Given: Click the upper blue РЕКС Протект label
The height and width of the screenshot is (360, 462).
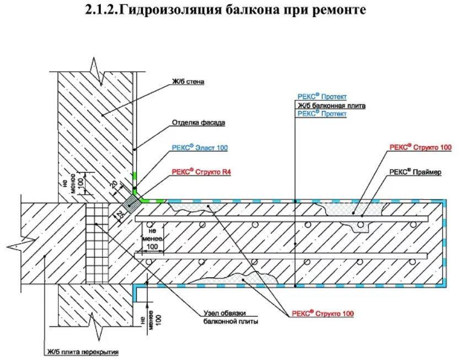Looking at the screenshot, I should click(x=322, y=96).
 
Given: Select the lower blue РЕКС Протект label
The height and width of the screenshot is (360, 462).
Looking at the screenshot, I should click(x=322, y=114).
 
